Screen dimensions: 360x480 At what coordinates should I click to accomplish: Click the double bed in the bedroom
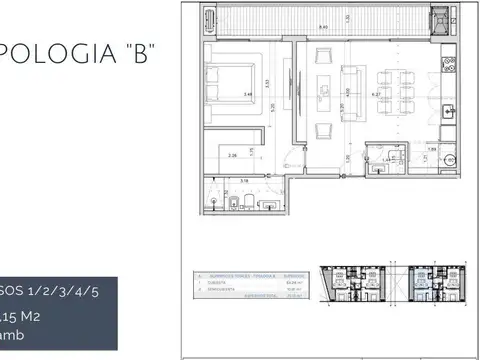(x=233, y=81)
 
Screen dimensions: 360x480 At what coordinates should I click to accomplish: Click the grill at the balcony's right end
(x=439, y=17)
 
